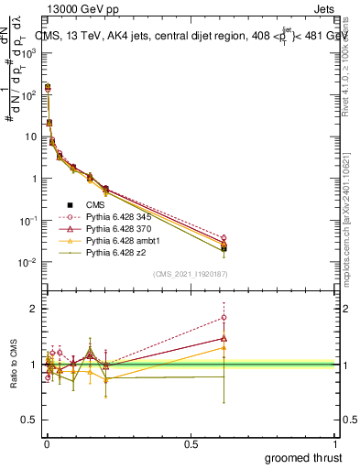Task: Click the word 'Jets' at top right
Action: tap(325, 8)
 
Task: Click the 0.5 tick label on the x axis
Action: tap(191, 443)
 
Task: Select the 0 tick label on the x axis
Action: tap(47, 443)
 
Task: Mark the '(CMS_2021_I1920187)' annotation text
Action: tap(191, 274)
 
